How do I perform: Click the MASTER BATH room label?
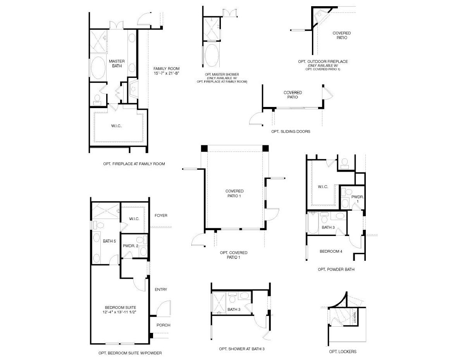click(x=117, y=64)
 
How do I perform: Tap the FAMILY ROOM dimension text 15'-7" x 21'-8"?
click(x=166, y=73)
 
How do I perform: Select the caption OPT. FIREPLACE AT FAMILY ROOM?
click(x=134, y=164)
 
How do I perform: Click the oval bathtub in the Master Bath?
click(x=98, y=68)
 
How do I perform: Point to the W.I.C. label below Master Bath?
click(x=116, y=126)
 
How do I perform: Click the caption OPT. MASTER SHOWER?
click(x=222, y=74)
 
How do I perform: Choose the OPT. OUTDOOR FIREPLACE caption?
click(x=323, y=62)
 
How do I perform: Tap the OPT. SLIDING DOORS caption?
click(x=291, y=131)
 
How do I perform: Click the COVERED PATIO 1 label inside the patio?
click(x=234, y=193)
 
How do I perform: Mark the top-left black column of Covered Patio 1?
click(x=204, y=148)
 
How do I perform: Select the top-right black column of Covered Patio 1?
click(x=265, y=148)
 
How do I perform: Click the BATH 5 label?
click(x=109, y=241)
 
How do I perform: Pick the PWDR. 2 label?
click(x=131, y=246)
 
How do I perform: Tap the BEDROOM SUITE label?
click(x=120, y=307)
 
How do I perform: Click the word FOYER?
click(x=161, y=215)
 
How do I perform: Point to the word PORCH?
click(x=163, y=325)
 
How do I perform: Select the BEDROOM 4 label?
click(x=331, y=251)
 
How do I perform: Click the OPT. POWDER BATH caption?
click(x=336, y=269)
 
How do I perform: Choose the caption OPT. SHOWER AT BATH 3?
click(x=241, y=349)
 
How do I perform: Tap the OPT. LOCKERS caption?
click(x=343, y=351)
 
